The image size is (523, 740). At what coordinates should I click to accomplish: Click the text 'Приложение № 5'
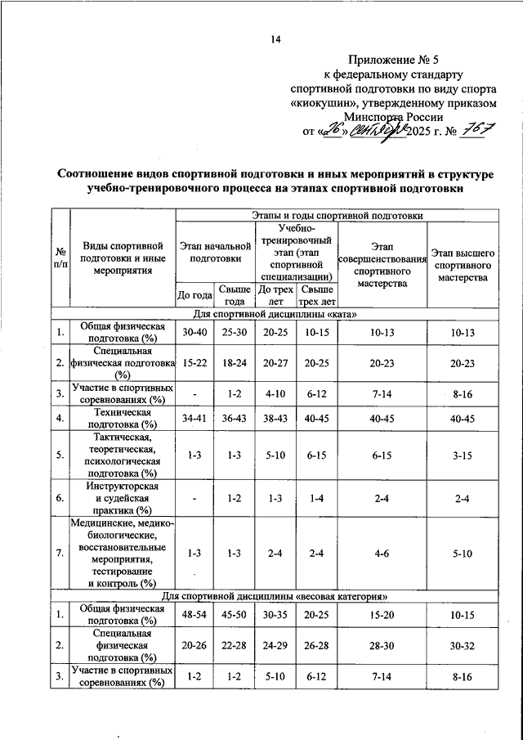click(393, 60)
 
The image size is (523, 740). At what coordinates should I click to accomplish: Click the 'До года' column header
click(195, 294)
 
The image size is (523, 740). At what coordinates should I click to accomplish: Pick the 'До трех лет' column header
click(275, 294)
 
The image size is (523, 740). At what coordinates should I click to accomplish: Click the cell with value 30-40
click(195, 331)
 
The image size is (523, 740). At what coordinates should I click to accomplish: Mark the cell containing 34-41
click(195, 418)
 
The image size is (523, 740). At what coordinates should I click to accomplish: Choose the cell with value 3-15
click(462, 456)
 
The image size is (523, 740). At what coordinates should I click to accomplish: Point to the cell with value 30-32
click(462, 645)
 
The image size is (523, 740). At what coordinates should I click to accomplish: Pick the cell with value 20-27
click(275, 362)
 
